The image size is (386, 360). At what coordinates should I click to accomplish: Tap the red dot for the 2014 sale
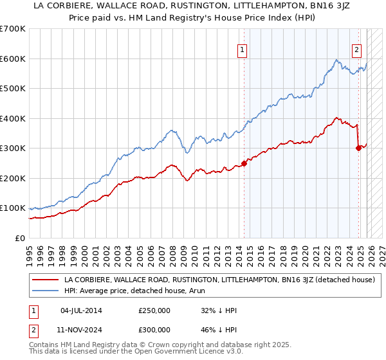(244, 163)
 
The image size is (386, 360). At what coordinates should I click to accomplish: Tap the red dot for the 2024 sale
(358, 148)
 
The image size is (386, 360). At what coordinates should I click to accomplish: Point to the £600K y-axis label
(13, 59)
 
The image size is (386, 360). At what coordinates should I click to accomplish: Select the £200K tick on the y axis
(13, 178)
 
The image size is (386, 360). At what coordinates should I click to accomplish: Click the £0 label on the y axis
(21, 238)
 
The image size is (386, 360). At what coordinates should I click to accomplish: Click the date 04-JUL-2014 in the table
(81, 310)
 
